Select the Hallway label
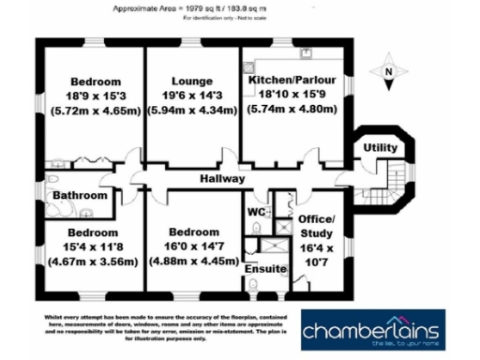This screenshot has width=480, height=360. pyautogui.click(x=221, y=178)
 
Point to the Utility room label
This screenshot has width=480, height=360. pyautogui.click(x=382, y=149)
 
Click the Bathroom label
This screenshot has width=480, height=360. pyautogui.click(x=78, y=196)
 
